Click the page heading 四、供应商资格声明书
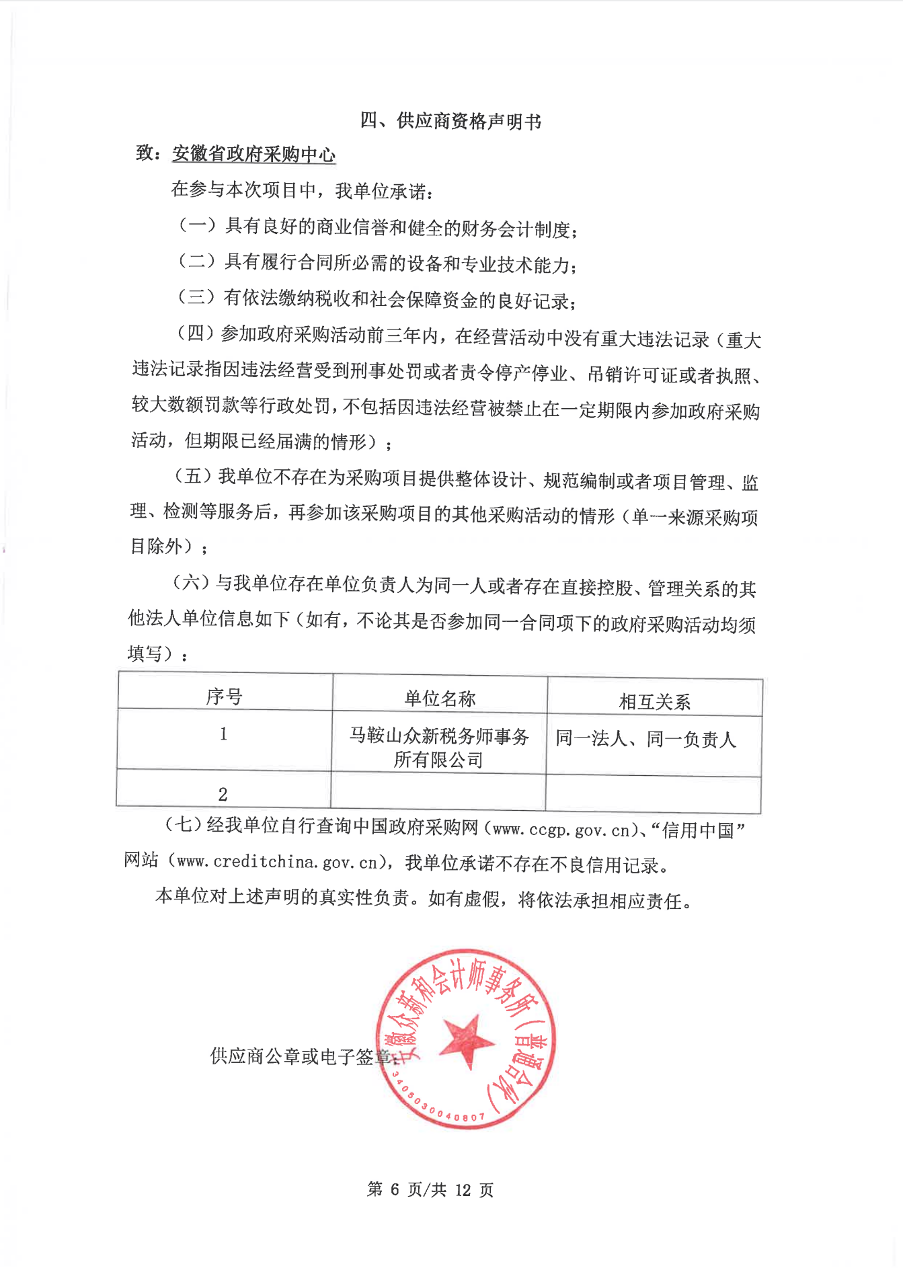click(450, 121)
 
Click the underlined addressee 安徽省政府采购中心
click(253, 155)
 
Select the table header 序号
click(224, 697)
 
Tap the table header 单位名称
click(440, 699)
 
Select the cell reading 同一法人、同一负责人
click(645, 740)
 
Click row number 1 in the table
click(223, 734)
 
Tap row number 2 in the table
click(223, 794)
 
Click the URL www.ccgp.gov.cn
click(561, 831)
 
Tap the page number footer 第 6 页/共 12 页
click(430, 1190)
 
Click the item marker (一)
click(196, 225)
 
